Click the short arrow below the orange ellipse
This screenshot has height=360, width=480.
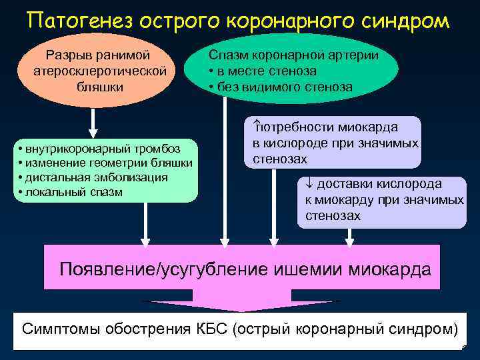point(93,124)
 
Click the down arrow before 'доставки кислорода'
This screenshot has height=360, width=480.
point(309,184)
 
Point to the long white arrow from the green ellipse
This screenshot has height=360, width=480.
point(225,173)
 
